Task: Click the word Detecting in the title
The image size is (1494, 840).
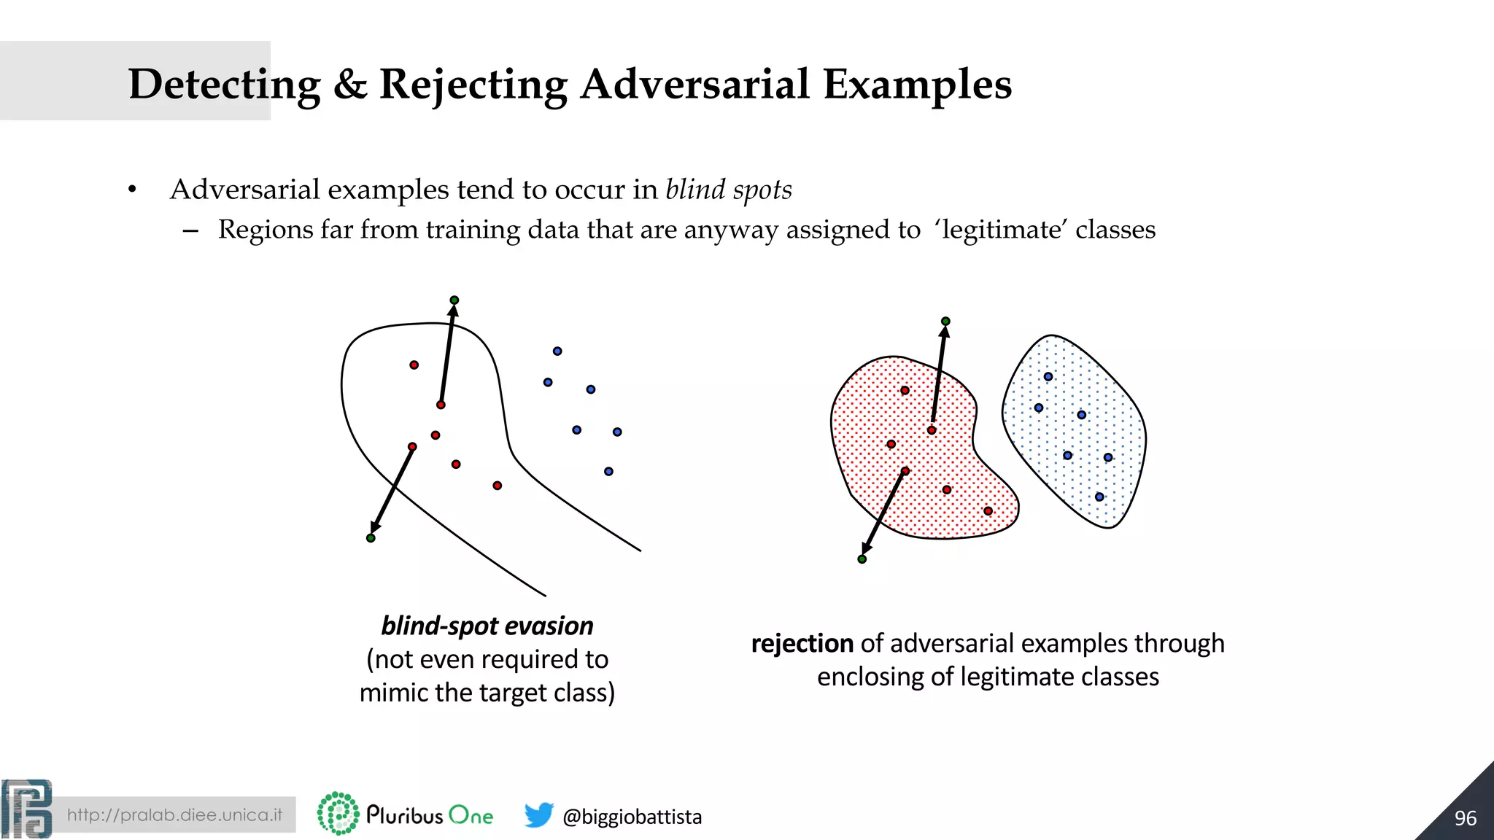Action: pyautogui.click(x=224, y=85)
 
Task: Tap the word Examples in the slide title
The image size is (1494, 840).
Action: pyautogui.click(x=917, y=85)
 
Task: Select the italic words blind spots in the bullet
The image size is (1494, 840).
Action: pyautogui.click(x=728, y=190)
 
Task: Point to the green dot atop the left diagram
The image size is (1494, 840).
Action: pyautogui.click(x=454, y=300)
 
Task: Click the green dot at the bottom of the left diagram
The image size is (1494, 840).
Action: pyautogui.click(x=371, y=538)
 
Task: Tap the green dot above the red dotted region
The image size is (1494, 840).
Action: pyautogui.click(x=945, y=322)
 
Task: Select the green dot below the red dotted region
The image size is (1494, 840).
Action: pyautogui.click(x=862, y=559)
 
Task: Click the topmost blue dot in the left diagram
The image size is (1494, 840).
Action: pyautogui.click(x=557, y=351)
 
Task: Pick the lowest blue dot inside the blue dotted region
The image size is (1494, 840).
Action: pyautogui.click(x=1099, y=497)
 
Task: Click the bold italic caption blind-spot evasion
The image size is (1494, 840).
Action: pyautogui.click(x=487, y=626)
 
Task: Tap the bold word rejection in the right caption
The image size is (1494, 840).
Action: pyautogui.click(x=802, y=644)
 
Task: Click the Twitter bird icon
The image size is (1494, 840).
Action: pyautogui.click(x=538, y=814)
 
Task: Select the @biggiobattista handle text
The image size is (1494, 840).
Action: pyautogui.click(x=632, y=817)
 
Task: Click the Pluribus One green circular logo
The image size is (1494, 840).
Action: pyautogui.click(x=338, y=814)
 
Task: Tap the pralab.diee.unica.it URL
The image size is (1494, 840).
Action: pyautogui.click(x=174, y=814)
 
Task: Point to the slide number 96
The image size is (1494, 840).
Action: pyautogui.click(x=1465, y=818)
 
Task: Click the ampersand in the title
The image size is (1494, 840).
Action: pyautogui.click(x=350, y=85)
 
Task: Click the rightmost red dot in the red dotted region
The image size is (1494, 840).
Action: pyautogui.click(x=988, y=511)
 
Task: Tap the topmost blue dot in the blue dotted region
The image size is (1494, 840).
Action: pyautogui.click(x=1048, y=377)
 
